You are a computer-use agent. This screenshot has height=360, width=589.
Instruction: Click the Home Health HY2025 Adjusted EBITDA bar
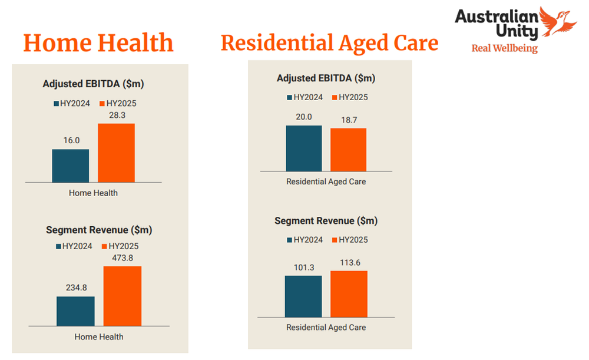[x=116, y=153]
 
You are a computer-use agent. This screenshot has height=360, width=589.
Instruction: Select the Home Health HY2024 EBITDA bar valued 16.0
[x=70, y=166]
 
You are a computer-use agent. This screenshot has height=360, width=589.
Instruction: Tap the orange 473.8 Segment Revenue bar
[x=122, y=296]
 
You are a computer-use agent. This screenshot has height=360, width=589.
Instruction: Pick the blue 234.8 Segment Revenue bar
[x=75, y=311]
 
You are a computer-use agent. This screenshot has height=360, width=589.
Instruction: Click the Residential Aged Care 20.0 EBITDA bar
[x=304, y=148]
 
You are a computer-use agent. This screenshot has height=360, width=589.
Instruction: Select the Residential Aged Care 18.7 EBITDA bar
[x=348, y=150]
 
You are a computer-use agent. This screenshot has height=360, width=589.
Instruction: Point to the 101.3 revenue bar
[x=303, y=296]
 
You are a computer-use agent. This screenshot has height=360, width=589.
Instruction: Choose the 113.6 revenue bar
[x=349, y=294]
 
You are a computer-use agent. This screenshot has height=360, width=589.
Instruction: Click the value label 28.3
[x=116, y=115]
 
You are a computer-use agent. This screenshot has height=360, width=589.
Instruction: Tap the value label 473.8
[x=122, y=258]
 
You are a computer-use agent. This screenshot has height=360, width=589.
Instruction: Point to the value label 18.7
[x=348, y=120]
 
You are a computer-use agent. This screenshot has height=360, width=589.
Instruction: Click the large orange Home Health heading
[x=98, y=44]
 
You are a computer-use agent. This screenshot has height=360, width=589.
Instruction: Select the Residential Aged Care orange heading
[x=329, y=43]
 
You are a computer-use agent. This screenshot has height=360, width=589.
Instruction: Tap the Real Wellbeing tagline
[x=504, y=48]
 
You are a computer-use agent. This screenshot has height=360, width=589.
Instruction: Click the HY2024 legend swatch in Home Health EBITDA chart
[x=57, y=104]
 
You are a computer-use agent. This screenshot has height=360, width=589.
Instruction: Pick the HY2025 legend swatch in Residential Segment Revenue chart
[x=335, y=240]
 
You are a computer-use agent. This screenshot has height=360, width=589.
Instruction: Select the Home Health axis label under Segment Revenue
[x=99, y=337]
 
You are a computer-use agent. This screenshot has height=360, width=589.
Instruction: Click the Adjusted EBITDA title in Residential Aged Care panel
[x=326, y=78]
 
